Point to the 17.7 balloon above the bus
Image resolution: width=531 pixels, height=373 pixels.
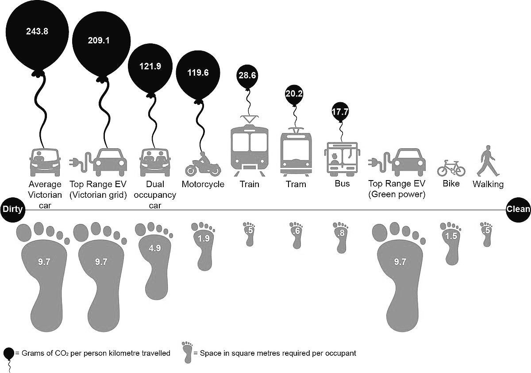coord(340,112)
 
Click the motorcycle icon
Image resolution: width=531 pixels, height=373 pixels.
coord(203,165)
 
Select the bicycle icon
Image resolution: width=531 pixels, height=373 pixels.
coord(451,168)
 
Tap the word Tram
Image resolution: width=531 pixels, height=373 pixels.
coord(296,184)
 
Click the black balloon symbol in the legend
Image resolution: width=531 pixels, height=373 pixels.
coord(8,354)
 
